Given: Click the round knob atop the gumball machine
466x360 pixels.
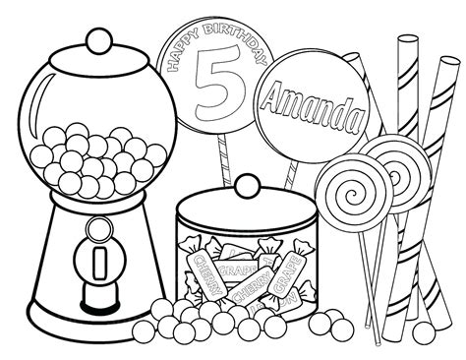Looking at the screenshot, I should click(x=95, y=40).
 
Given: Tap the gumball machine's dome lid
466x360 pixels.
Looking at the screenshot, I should click(x=95, y=64).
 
